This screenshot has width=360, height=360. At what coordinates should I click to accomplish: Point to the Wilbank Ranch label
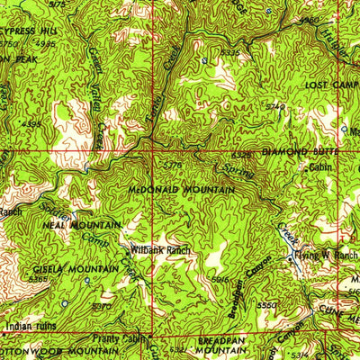tap(161, 248)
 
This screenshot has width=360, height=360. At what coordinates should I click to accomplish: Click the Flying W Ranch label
tap(329, 255)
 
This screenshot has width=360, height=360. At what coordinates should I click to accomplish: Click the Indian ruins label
tap(31, 327)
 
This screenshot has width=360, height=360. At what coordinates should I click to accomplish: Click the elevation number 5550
tap(266, 306)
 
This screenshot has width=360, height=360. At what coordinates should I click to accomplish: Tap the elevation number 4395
tap(32, 124)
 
